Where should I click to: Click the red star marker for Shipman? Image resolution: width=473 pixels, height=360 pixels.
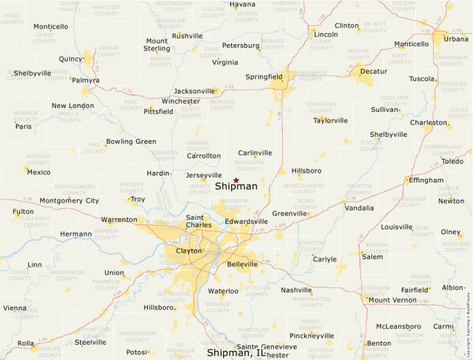236,180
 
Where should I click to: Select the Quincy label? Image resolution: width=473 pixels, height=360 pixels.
71,59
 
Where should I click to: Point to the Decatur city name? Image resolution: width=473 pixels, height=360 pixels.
373,71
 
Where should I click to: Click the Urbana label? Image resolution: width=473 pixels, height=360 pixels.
456,39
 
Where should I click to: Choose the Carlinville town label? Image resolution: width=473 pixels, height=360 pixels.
255,153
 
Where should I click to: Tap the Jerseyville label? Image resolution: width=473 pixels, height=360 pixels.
204,176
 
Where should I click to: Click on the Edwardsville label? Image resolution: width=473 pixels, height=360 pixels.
246,222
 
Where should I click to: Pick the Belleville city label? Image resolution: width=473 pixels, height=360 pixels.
242,265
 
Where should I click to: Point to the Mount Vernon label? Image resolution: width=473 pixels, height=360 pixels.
392,300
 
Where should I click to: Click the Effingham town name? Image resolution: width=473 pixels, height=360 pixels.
426,180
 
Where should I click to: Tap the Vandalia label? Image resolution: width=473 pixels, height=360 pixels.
359,208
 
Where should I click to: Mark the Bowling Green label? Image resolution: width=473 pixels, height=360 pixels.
131,142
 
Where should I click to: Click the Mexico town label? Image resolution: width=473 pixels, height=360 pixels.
39,172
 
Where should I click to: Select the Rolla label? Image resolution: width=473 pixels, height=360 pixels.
26,343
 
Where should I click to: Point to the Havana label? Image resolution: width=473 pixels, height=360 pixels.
243,4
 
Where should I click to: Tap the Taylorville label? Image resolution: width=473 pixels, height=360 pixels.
331,120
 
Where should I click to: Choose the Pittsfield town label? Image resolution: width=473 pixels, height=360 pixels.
158,112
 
